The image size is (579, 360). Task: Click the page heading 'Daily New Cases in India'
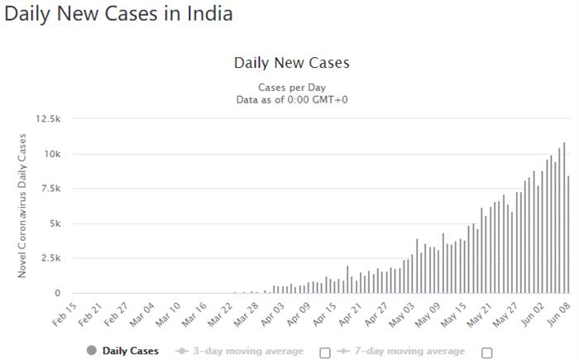point(118,14)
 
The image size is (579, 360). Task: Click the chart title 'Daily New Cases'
point(292,63)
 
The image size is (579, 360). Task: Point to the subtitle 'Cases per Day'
point(292,87)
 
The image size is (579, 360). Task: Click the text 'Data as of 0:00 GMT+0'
point(292,99)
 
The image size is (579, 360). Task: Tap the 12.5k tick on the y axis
point(48,119)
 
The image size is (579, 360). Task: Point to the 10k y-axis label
point(51,154)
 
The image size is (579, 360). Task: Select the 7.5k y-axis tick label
point(50,189)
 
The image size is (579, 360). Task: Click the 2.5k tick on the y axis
point(50,258)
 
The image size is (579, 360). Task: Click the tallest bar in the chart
point(564,218)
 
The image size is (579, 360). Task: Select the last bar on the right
point(568,234)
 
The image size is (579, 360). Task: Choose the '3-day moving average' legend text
point(246,351)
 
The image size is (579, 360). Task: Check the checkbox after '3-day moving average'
point(325,352)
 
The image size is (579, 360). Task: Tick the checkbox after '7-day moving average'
point(486,352)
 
